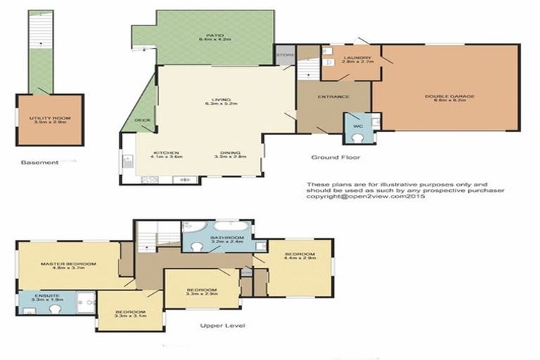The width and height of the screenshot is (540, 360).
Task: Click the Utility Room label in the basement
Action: coord(49,119)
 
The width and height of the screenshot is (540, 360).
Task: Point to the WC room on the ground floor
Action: coord(357,127)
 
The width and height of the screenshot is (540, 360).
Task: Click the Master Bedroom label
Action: coord(67,265)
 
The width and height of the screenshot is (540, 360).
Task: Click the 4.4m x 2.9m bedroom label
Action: coord(300,255)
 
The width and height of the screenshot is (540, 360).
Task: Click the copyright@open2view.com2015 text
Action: coord(366,198)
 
